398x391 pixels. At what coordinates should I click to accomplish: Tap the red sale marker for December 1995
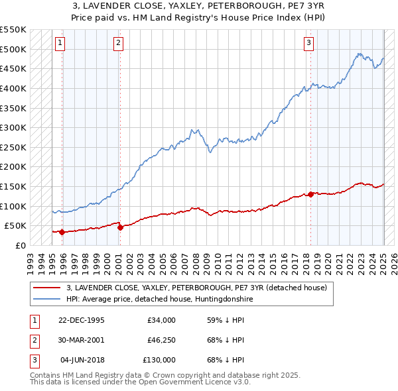click(62, 232)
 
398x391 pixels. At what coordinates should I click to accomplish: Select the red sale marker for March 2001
click(120, 227)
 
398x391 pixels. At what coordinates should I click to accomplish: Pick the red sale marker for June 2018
click(310, 194)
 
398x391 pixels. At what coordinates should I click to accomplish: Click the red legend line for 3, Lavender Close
click(47, 288)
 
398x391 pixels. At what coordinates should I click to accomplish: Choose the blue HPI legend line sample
click(47, 300)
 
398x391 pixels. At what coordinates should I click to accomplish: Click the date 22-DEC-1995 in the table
click(81, 320)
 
